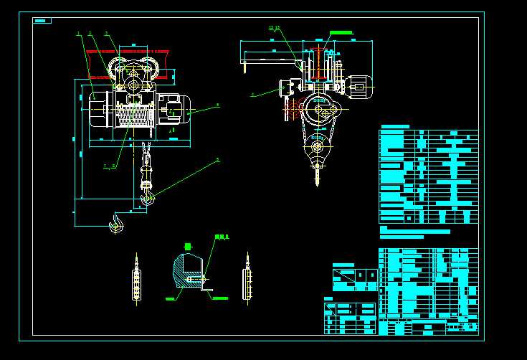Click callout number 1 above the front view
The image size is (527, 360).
pos(78,34)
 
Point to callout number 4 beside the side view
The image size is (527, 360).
pos(252,94)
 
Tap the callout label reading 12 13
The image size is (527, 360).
pos(274,28)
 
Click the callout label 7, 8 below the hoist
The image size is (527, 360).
pos(109,166)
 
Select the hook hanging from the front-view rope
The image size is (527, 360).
pos(147,196)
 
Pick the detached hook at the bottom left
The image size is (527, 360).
pos(115,225)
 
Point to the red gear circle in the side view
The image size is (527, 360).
pos(293,110)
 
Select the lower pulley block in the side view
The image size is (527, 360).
pos(317,150)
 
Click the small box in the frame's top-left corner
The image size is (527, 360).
pos(42,21)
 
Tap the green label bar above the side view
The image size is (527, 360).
pos(341,33)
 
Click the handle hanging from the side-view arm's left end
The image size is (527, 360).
pos(244,68)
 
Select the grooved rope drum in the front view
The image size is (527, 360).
pos(136,115)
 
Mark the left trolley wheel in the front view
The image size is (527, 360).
pos(118,71)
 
